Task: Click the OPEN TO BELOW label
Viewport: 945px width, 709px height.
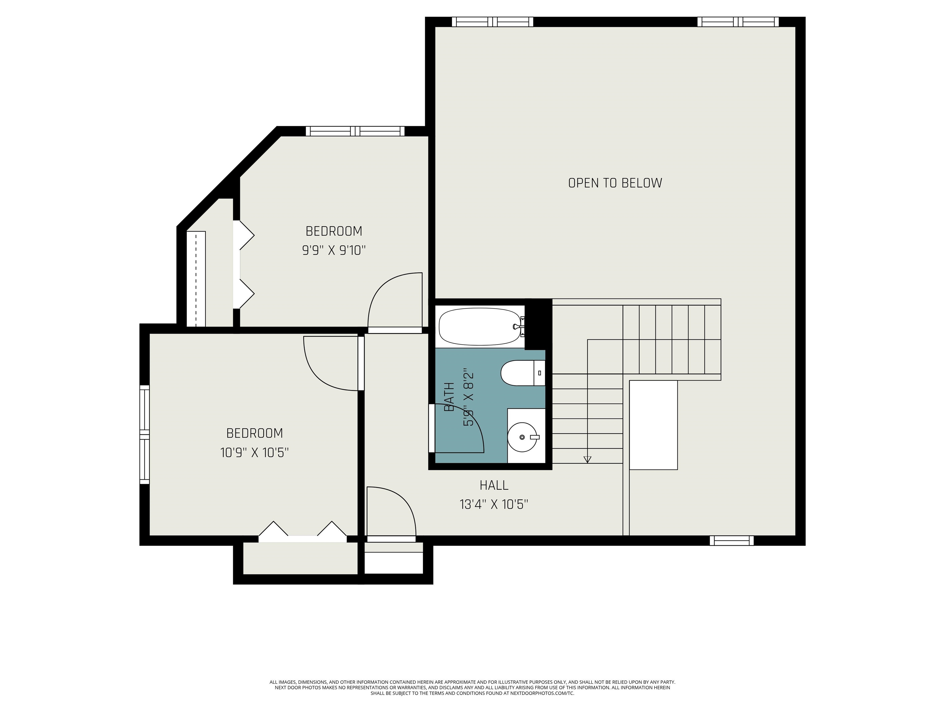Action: [615, 183]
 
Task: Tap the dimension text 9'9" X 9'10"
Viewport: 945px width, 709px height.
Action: [334, 250]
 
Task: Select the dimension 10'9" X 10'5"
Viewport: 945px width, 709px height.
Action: [255, 452]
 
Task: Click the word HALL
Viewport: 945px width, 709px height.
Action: [494, 485]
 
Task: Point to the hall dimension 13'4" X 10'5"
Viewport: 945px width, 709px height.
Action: [494, 505]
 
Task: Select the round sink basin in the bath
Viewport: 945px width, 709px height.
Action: [522, 437]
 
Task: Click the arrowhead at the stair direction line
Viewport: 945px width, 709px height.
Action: [588, 459]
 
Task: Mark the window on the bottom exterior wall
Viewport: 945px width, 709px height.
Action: [732, 541]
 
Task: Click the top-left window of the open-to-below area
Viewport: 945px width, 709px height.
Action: [492, 22]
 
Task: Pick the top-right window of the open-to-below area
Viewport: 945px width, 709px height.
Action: [738, 22]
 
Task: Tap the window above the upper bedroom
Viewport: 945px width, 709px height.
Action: [355, 131]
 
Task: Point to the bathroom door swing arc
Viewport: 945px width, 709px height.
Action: [474, 421]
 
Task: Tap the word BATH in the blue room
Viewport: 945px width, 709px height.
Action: [449, 397]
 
